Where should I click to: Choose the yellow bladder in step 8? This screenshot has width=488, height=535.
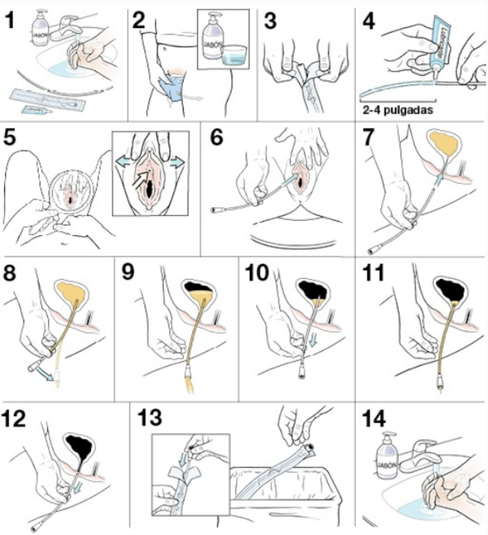70,290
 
